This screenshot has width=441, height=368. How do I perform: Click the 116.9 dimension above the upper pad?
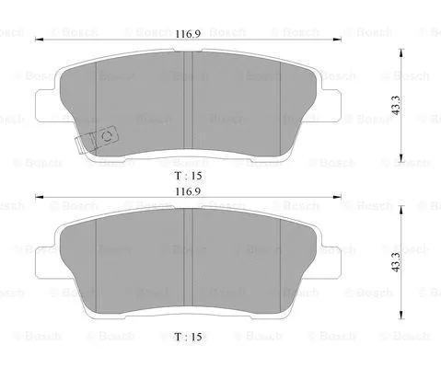pos(188,33)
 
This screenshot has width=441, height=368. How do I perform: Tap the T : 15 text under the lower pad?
pos(187,338)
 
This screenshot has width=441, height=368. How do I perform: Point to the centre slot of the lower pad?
pos(187,261)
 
